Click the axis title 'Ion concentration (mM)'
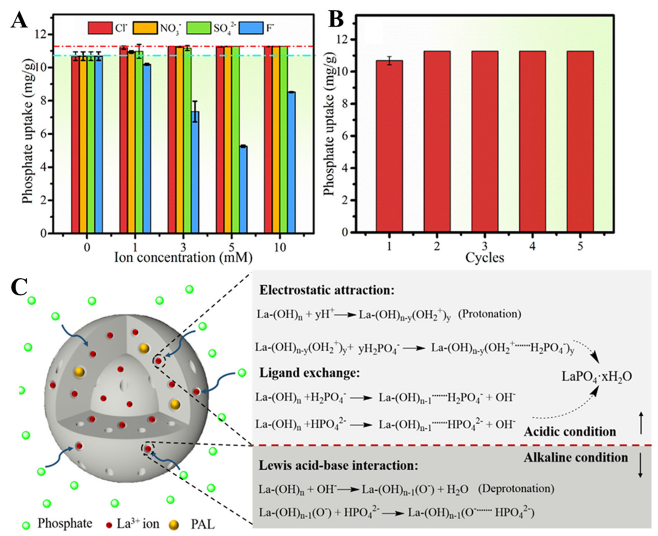point(183,257)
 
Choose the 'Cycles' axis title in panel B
point(485,257)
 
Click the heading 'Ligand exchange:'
point(309,373)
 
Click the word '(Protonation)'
point(490,314)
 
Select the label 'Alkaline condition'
point(576,457)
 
